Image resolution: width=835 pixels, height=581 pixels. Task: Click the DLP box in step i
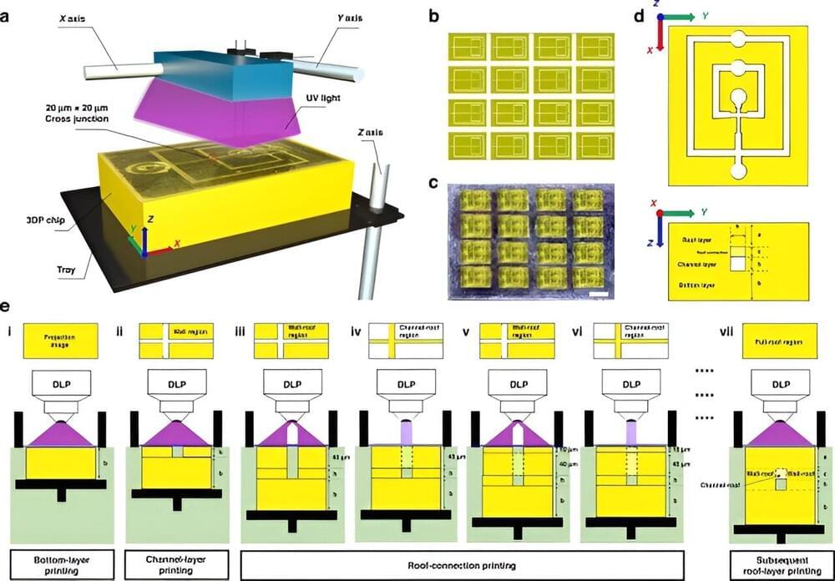coord(61,385)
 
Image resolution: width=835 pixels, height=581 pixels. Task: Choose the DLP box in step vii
coord(779,385)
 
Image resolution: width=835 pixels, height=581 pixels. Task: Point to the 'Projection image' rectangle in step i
coord(61,342)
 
